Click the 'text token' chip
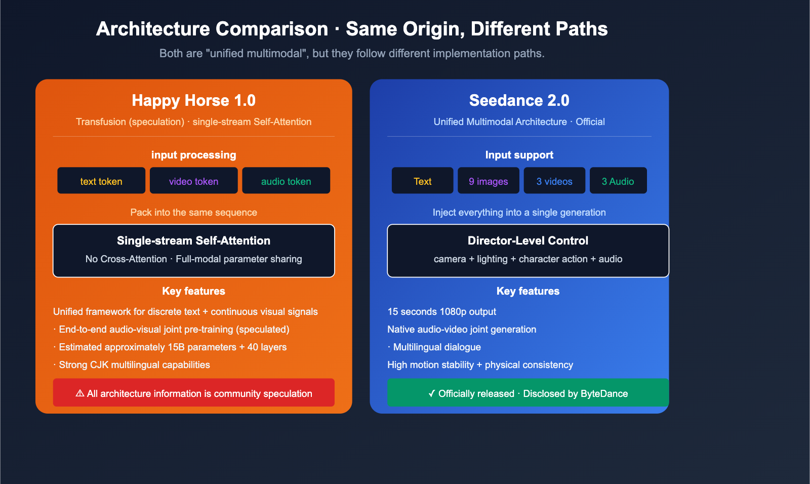point(101,181)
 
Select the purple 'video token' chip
point(193,181)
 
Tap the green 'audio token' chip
point(286,181)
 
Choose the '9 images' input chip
point(488,181)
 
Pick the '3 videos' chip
point(554,181)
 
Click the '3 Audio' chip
point(618,181)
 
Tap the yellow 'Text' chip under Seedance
point(422,181)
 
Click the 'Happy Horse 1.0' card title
point(193,100)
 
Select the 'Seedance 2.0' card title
point(519,100)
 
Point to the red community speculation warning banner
point(193,393)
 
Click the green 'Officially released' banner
point(528,393)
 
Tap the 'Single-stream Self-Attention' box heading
point(193,240)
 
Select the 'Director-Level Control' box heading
point(528,240)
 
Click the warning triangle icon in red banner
point(80,393)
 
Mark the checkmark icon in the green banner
point(431,393)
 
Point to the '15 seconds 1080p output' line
point(441,311)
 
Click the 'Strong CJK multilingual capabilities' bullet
point(134,365)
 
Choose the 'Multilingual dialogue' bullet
point(436,347)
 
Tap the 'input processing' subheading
point(193,155)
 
